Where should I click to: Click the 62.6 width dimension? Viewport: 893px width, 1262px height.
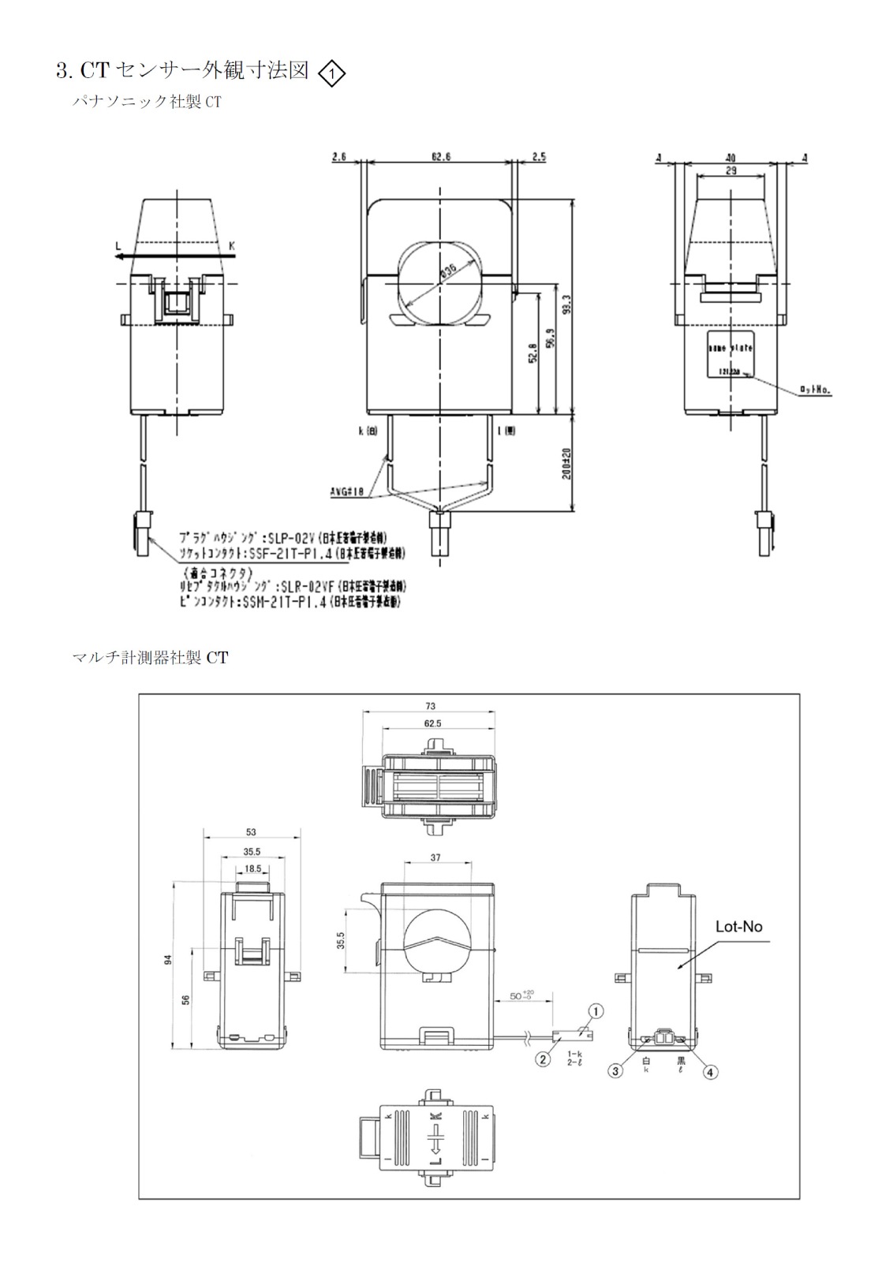[x=440, y=157]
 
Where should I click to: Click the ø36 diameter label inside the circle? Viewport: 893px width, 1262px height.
[x=448, y=271]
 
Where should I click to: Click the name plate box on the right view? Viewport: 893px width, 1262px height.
[x=730, y=357]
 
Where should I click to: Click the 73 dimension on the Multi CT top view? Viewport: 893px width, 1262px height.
[x=429, y=707]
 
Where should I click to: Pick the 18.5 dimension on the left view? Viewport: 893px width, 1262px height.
[x=252, y=868]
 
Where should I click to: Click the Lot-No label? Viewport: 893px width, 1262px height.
[x=738, y=927]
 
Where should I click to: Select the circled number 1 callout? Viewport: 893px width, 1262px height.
[x=596, y=1010]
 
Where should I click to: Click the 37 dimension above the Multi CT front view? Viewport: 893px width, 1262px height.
[x=436, y=857]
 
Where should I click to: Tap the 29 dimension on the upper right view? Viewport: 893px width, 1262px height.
[x=732, y=170]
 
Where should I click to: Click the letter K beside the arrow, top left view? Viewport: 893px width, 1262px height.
[x=232, y=246]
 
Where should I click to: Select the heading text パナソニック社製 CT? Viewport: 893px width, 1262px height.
[x=146, y=102]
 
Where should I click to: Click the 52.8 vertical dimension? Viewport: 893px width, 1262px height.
[x=533, y=355]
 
